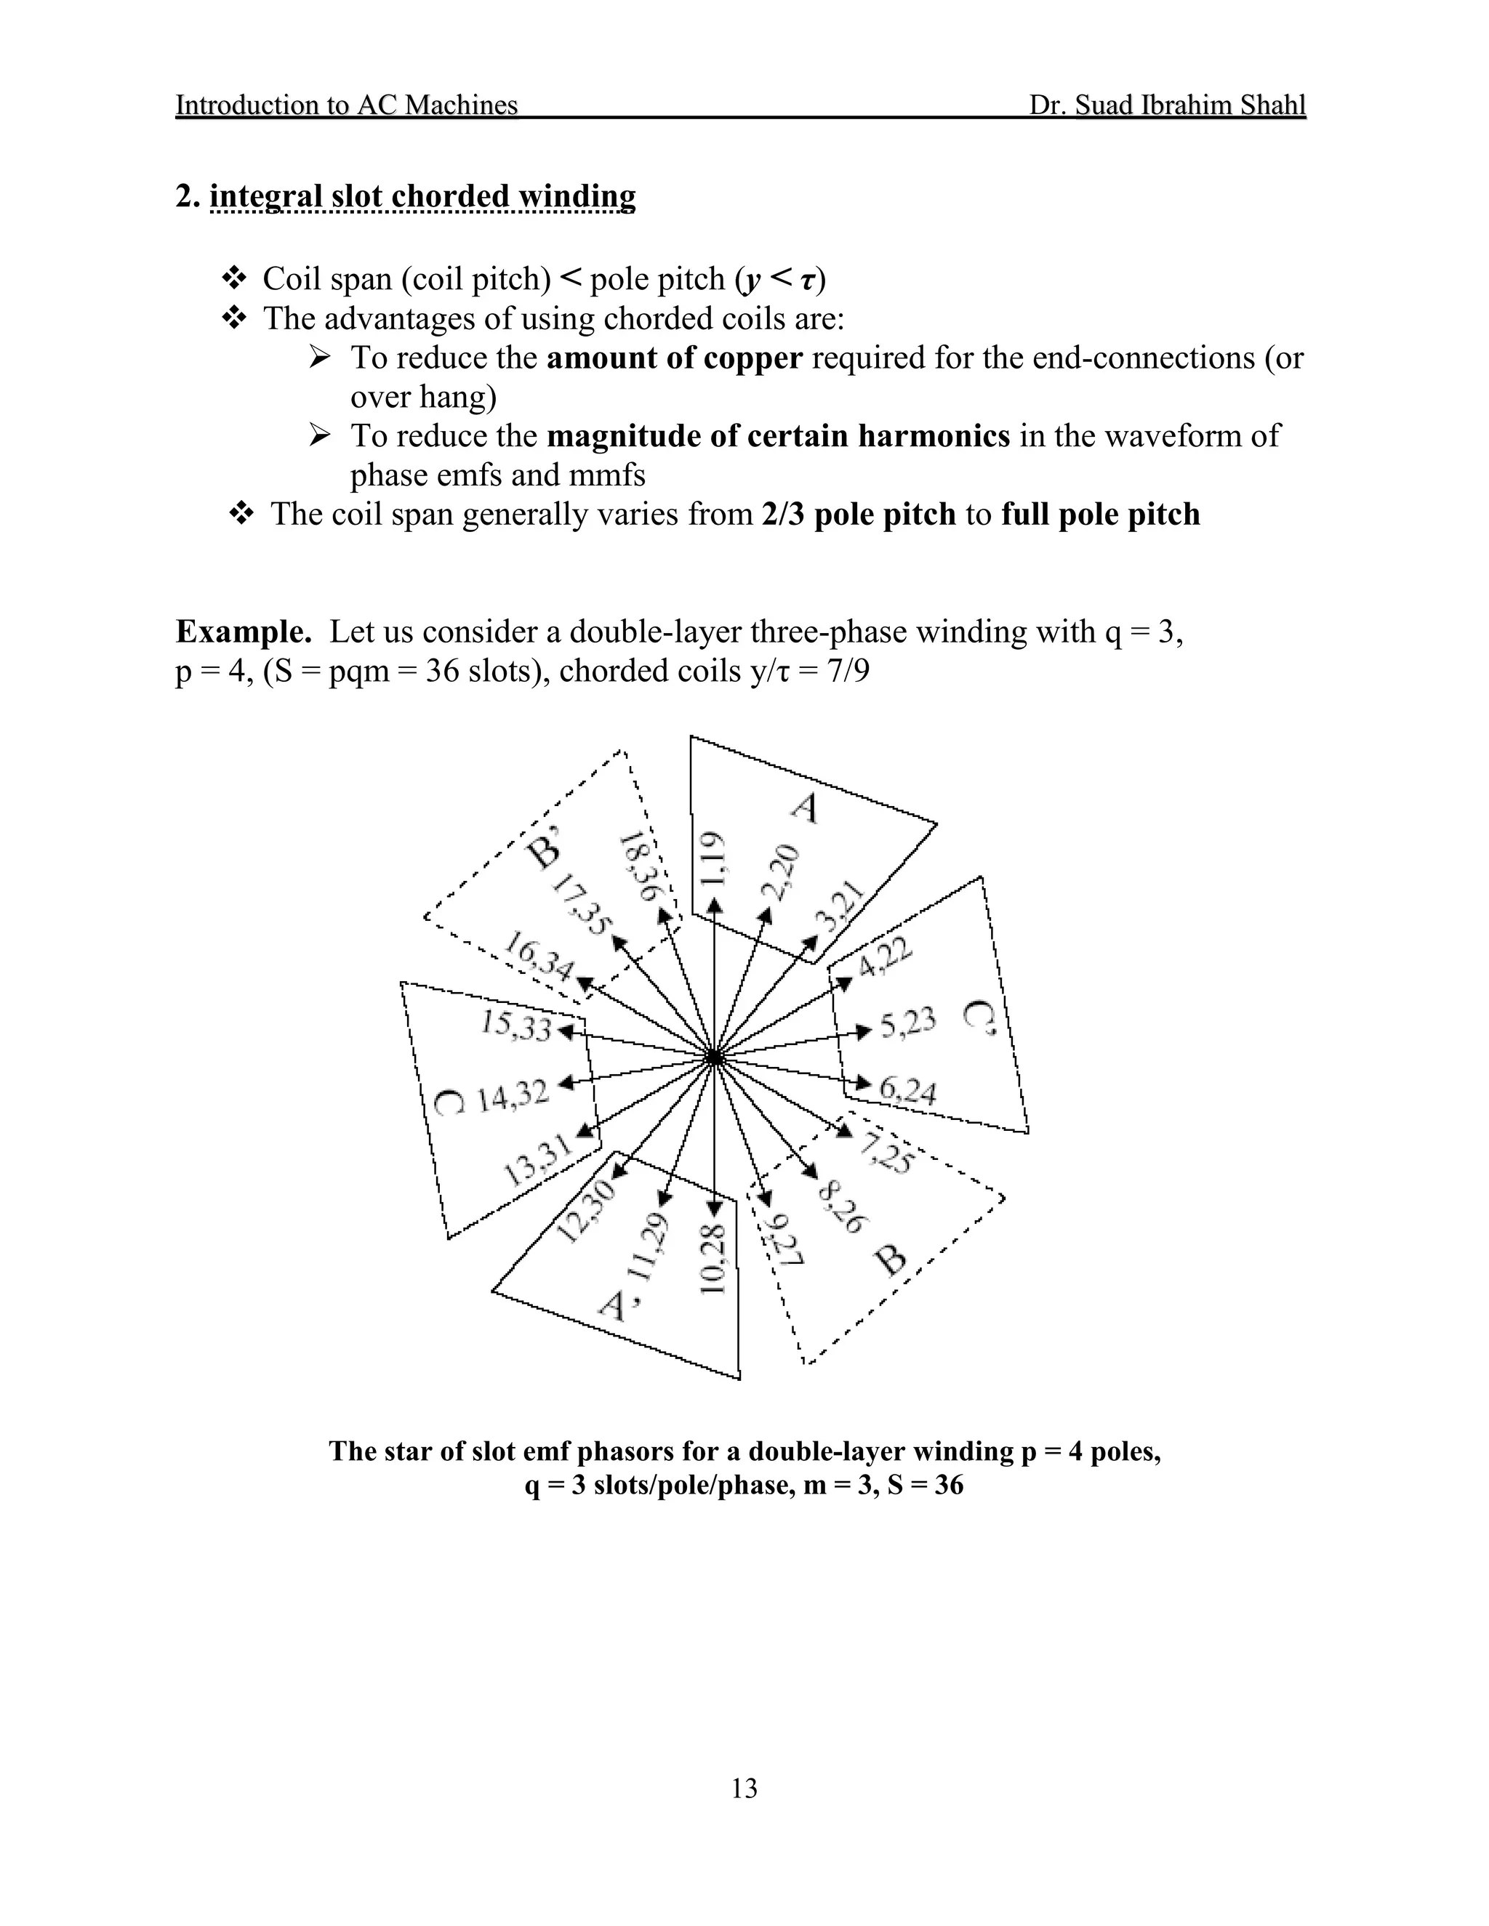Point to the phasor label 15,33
pyautogui.click(x=517, y=1026)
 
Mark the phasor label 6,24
pyautogui.click(x=907, y=1091)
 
